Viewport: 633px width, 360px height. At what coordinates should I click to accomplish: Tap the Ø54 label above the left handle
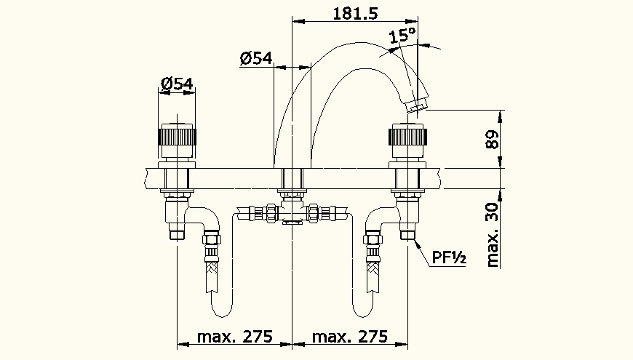[x=177, y=84]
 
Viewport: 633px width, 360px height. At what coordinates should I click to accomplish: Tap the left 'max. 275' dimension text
[x=234, y=336]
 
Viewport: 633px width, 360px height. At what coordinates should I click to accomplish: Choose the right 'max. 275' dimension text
[x=349, y=336]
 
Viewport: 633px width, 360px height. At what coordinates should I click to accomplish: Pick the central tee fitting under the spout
[x=292, y=215]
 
